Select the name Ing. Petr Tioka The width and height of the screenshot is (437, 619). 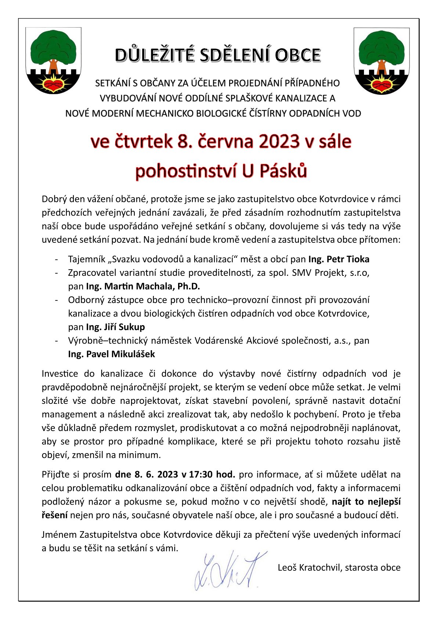339,259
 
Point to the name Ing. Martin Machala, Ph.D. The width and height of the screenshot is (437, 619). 143,287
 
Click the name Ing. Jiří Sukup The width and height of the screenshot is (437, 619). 115,327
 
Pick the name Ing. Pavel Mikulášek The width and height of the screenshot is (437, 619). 111,354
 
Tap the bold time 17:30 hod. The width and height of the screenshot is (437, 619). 212,474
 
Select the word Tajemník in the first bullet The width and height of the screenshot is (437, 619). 86,259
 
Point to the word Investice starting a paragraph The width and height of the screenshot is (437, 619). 60,374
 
